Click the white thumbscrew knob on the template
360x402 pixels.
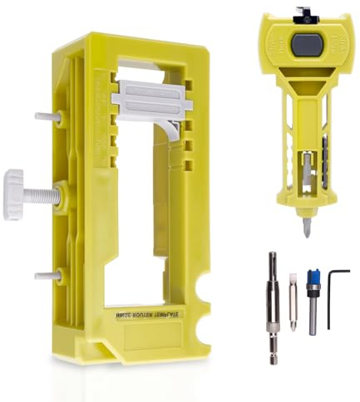(14, 193)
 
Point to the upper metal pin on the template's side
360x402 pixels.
(47, 116)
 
